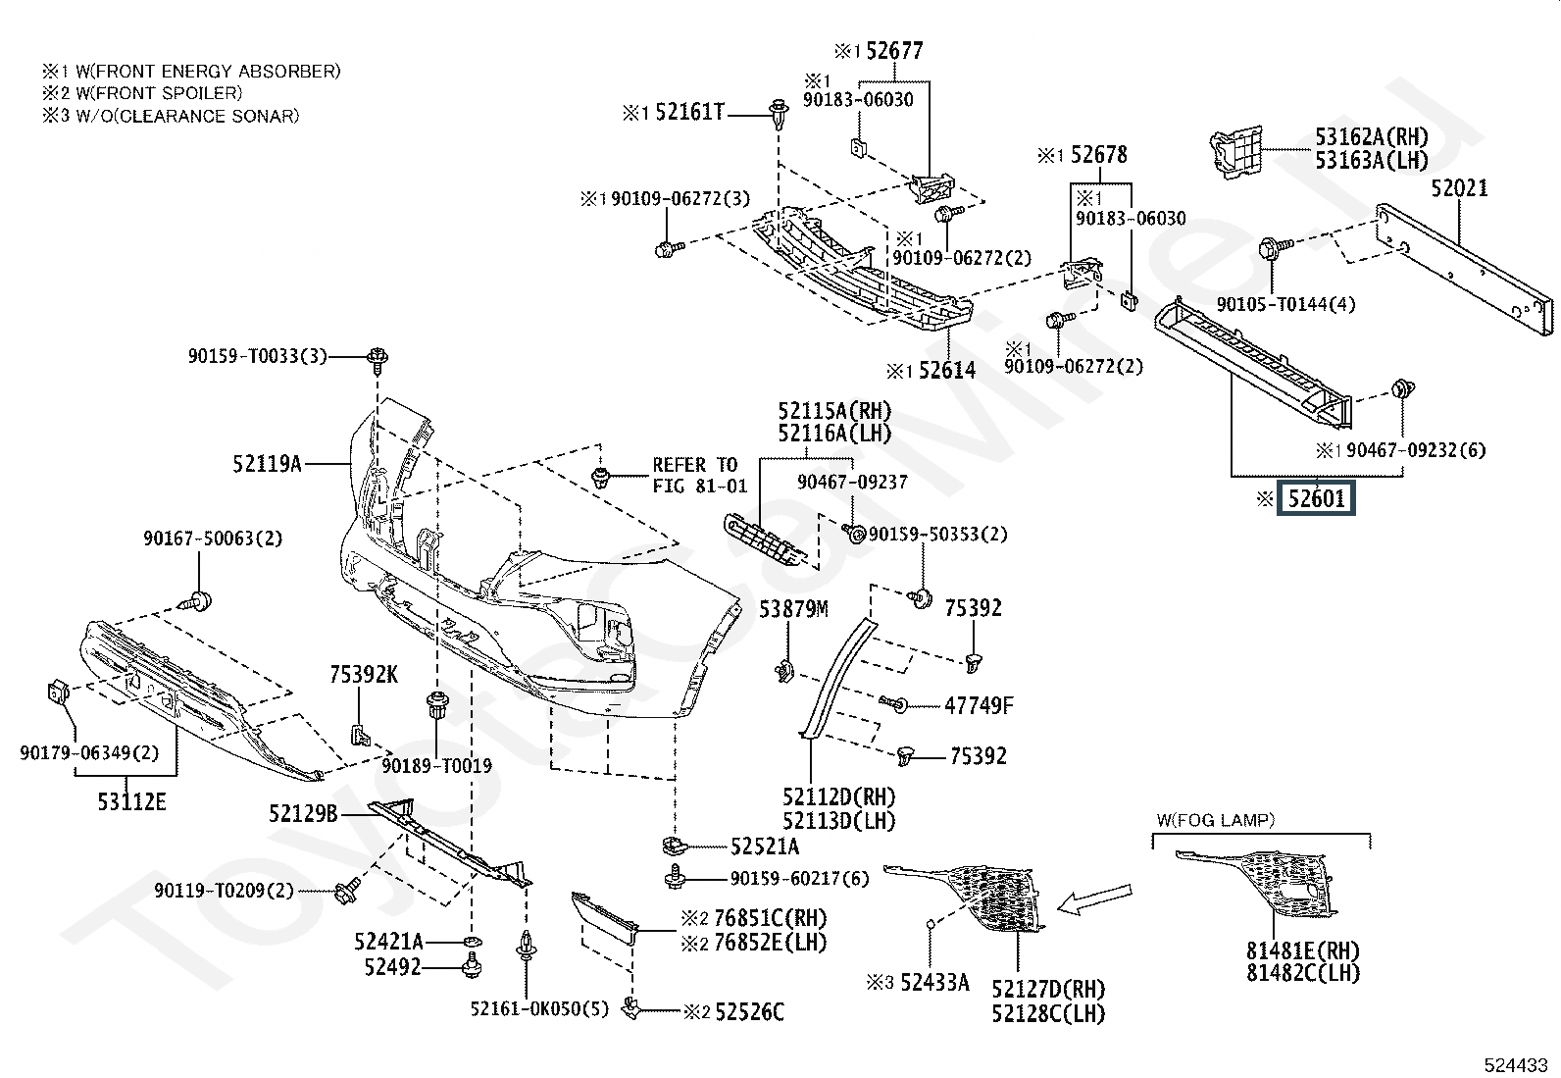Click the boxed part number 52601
point(1316,498)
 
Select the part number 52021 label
point(1459,188)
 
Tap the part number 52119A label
point(267,464)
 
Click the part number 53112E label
point(131,801)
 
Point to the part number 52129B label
point(303,813)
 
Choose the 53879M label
point(793,609)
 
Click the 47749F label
point(980,705)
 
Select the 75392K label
point(364,674)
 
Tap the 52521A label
point(765,847)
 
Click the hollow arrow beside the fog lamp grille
point(1095,898)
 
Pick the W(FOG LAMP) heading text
point(1215,820)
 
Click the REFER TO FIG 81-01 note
point(700,475)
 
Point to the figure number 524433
point(1516,1064)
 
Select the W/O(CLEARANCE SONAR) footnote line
point(171,116)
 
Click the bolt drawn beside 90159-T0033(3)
point(378,358)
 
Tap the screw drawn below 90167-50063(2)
point(197,601)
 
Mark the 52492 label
point(393,967)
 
